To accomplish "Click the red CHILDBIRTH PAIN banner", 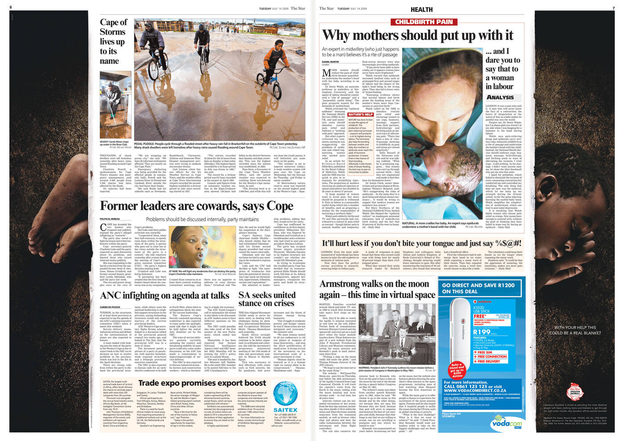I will click(x=424, y=21).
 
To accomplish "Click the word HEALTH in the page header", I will click(x=421, y=9).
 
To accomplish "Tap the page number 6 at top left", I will click(x=11, y=8).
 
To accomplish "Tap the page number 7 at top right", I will click(x=613, y=8).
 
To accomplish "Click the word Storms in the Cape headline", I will click(x=112, y=32).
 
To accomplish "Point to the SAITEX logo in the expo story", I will click(x=285, y=410).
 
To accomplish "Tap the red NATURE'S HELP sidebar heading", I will click(x=360, y=114).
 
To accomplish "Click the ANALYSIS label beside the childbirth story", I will click(x=500, y=97).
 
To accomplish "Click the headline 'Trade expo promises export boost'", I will click(x=202, y=383).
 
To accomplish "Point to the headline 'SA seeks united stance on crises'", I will click(x=267, y=299).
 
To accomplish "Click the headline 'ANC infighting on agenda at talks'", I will click(x=164, y=295).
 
